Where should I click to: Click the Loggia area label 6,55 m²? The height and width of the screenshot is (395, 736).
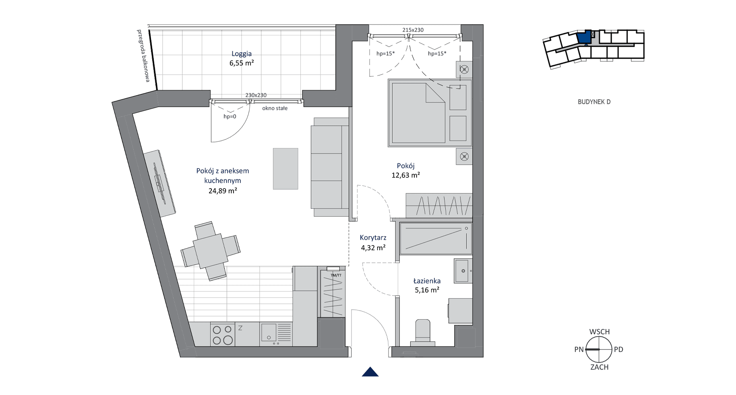point(242,63)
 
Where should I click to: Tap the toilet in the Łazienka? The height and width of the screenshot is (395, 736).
point(422,333)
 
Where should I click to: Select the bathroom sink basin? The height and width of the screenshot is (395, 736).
point(463,271)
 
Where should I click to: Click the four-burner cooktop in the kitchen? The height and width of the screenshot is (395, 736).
point(223,335)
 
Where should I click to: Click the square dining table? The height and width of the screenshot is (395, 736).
point(211,251)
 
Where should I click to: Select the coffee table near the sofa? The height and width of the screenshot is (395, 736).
point(285,169)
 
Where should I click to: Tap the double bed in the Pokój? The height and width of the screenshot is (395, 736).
point(430,113)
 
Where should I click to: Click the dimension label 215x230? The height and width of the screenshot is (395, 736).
point(413,30)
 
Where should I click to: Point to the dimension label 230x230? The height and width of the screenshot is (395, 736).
point(256,95)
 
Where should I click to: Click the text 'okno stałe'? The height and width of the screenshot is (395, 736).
point(275,108)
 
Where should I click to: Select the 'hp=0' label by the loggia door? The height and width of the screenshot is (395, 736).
point(230,117)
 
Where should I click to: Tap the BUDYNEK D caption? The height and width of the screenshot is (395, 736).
point(594,102)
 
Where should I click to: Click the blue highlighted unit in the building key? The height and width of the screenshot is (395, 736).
point(584,37)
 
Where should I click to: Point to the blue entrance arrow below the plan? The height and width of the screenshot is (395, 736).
point(370,372)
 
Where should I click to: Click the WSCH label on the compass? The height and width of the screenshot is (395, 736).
point(600,332)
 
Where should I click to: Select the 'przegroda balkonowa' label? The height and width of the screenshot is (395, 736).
point(143,56)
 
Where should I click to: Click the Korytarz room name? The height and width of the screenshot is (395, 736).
point(373,238)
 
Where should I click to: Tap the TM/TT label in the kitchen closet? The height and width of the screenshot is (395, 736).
point(336,275)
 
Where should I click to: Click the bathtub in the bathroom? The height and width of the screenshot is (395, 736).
point(436,239)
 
